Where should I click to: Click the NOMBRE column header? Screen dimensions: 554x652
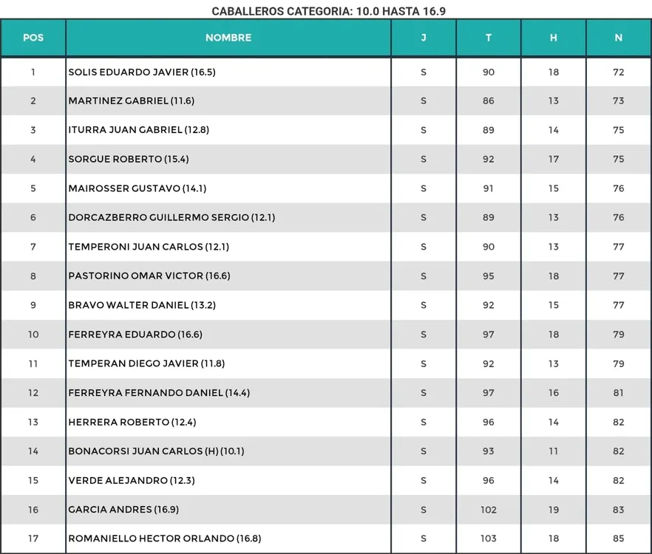pos(228,38)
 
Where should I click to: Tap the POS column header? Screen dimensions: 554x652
pos(33,38)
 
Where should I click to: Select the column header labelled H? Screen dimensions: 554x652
pos(554,38)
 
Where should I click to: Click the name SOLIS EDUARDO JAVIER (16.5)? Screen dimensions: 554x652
pos(142,72)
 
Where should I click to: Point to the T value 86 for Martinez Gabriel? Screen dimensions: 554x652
pos(489,100)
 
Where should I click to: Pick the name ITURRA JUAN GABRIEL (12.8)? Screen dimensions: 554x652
pos(139,130)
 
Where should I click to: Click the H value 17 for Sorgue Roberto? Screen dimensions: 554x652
pos(554,159)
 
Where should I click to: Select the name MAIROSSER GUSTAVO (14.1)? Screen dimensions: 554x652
pos(137,188)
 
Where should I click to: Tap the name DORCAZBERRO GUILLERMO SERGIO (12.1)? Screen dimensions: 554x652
pos(172,217)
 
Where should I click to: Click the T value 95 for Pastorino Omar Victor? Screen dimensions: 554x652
pos(489,276)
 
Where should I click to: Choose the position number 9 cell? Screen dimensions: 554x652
pos(33,305)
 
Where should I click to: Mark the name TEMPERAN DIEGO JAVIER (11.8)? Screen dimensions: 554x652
pos(146,363)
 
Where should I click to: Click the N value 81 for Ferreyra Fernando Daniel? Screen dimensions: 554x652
pos(619,393)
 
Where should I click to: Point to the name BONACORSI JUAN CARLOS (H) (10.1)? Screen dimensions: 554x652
pos(156,451)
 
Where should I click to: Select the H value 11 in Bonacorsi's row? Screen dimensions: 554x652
pos(554,451)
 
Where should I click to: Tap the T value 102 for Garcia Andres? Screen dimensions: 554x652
pos(489,510)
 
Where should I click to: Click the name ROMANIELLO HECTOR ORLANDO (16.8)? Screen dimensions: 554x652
pos(165,538)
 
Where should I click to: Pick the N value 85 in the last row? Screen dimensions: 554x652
pos(619,538)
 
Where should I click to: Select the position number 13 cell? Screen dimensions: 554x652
pos(33,423)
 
